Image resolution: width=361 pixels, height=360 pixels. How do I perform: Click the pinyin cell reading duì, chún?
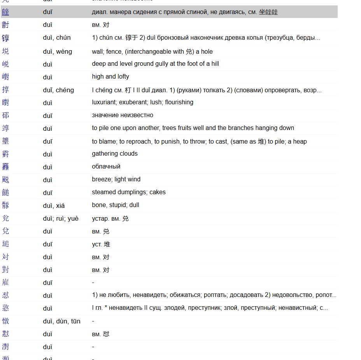57,38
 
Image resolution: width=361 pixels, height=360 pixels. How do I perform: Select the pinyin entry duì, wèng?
57,51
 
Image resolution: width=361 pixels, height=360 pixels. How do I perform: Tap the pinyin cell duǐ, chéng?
58,90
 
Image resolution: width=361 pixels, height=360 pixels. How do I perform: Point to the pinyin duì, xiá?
54,205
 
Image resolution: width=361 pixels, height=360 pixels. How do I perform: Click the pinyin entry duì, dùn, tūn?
61,321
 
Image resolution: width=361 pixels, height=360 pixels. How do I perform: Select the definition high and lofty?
110,77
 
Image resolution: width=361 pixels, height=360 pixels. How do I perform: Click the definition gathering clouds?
115,154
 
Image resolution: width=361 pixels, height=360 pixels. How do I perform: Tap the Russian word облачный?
106,167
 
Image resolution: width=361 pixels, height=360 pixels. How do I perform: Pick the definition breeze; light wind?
116,179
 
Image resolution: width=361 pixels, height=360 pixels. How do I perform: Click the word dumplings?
132,192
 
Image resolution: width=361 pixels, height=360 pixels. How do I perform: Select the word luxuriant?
105,102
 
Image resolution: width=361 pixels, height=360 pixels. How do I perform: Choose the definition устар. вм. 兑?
110,218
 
